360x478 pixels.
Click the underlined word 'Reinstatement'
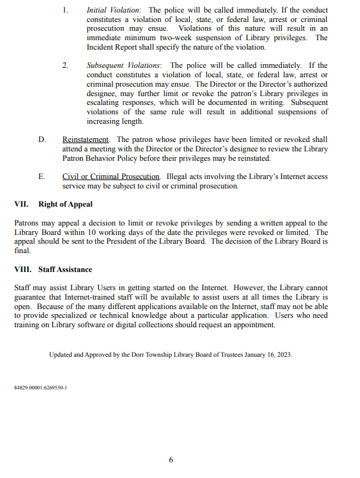[85, 139]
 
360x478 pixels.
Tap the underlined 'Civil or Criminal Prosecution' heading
[111, 177]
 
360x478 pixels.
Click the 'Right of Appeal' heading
[65, 204]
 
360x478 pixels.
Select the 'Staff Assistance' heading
[65, 269]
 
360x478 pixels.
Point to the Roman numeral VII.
[21, 204]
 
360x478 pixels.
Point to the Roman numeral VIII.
[23, 269]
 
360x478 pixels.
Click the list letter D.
[41, 139]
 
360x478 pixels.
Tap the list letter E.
[41, 177]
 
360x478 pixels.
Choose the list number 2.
[65, 65]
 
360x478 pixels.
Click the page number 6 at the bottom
[171, 460]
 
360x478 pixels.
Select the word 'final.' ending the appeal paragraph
[22, 250]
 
